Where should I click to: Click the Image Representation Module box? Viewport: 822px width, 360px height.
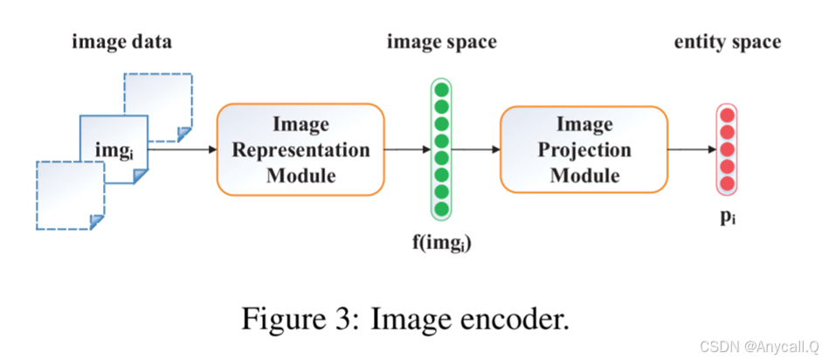[300, 149]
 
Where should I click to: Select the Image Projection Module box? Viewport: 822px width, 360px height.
[578, 149]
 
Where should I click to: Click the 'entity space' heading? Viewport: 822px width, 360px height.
[727, 42]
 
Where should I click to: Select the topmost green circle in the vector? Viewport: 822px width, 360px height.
[441, 90]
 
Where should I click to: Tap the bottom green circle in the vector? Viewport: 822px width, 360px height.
[441, 210]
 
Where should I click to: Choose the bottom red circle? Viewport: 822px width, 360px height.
[727, 183]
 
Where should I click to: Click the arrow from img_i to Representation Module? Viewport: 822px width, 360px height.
[182, 149]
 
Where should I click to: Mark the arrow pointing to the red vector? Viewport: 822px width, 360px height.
[690, 149]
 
